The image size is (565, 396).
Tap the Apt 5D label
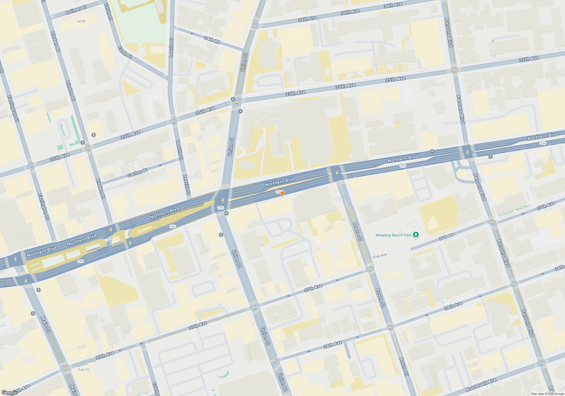point(81,21)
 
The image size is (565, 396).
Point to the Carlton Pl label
point(137,173)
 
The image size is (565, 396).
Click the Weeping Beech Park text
point(393,235)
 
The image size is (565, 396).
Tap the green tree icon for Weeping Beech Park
point(416,234)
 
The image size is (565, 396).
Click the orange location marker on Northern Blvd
point(282,193)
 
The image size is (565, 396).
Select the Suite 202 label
point(84,370)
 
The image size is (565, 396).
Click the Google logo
point(9,392)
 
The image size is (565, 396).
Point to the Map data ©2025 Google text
point(547,394)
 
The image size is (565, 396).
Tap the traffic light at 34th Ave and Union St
point(254,26)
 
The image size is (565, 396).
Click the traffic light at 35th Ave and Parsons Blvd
point(455,70)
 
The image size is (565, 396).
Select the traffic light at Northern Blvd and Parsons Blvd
point(468,152)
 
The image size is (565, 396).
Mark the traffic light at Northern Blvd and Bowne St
point(337,173)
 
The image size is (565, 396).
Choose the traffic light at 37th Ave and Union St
point(255,307)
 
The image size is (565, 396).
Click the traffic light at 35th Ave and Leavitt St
point(174,121)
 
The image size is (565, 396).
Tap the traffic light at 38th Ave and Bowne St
point(390,328)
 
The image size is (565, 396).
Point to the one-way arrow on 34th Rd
point(192,34)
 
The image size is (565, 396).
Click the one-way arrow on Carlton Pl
point(160,165)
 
